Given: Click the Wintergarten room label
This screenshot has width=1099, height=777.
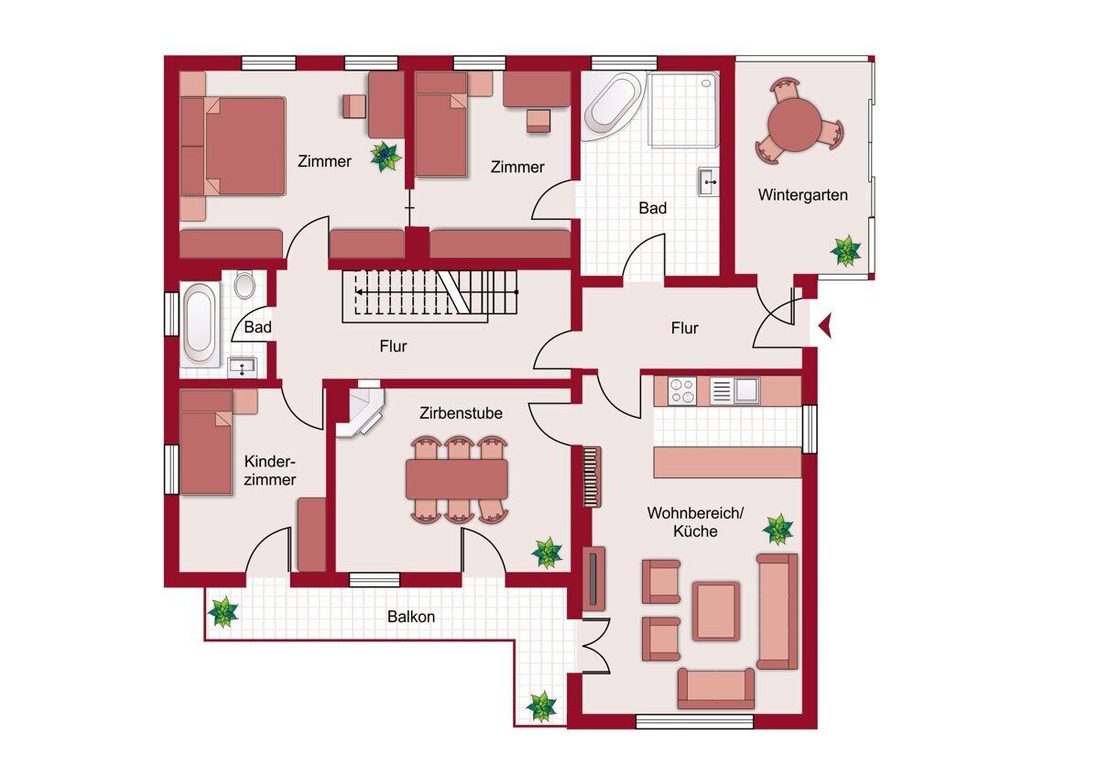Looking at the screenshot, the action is point(802,195).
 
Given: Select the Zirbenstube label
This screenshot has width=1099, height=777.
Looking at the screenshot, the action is point(461,413).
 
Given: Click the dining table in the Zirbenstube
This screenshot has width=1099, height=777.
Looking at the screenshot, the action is point(457,479).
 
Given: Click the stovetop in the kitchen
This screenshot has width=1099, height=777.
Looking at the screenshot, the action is point(681,390).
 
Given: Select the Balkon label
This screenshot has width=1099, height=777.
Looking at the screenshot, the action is point(411,617).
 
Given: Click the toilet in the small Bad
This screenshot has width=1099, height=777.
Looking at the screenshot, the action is point(245,285).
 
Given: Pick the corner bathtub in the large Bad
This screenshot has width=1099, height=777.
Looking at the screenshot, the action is point(614,105).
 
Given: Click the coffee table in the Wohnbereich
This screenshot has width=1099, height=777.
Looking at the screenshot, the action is point(716,611).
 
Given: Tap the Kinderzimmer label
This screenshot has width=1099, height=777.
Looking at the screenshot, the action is point(269,470).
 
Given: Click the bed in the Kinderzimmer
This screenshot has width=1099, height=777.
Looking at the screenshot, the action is point(206,442).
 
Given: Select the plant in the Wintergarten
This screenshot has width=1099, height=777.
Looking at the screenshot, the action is point(845,251).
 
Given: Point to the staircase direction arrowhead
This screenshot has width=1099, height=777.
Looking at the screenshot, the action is point(359,292).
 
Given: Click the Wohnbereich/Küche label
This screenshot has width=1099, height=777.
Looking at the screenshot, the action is point(695,521).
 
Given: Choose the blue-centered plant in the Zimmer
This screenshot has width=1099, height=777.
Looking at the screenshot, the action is point(386,157).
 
